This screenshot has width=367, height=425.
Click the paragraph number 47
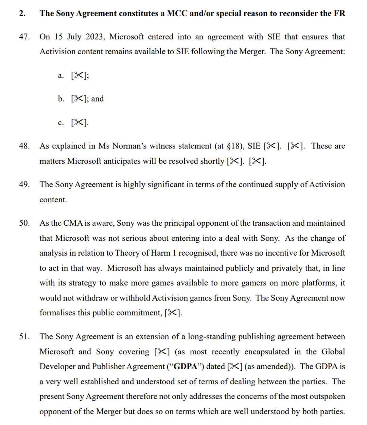point(24,37)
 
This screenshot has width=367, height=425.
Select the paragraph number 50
point(24,223)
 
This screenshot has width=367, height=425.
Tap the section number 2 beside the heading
point(22,13)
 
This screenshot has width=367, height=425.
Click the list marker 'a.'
point(61,75)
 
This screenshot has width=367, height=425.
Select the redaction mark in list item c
point(78,123)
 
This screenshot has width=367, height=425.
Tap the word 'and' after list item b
point(98,99)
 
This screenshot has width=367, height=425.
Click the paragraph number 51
point(24,337)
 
